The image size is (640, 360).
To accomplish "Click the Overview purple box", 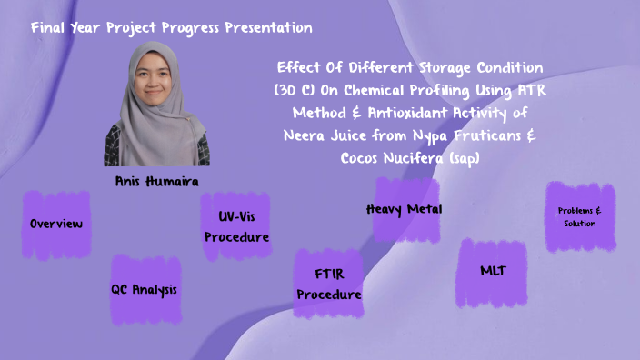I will click(x=56, y=225).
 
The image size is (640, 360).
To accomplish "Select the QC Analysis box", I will click(x=145, y=290).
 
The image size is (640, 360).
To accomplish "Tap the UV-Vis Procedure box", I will click(x=236, y=227).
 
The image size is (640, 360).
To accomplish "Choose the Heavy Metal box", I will click(x=404, y=209).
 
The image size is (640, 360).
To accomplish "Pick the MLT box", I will click(x=492, y=272).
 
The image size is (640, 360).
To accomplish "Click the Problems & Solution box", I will click(x=579, y=217).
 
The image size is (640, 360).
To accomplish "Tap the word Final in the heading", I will click(x=50, y=28).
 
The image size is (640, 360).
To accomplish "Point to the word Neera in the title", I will click(x=306, y=135).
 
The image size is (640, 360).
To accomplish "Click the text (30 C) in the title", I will click(x=295, y=91).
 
